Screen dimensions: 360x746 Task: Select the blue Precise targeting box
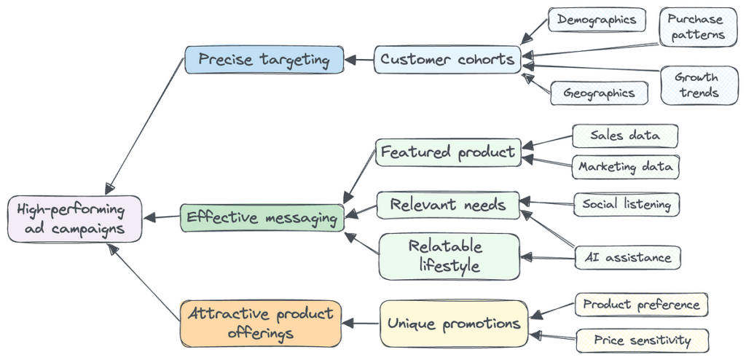[264, 60]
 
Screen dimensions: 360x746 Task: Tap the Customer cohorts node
[447, 60]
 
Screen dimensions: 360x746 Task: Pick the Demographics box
[597, 20]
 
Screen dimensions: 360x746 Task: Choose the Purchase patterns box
[696, 27]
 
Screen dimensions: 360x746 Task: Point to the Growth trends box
[696, 85]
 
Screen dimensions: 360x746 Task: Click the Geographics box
[599, 93]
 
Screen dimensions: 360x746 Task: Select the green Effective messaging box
[262, 217]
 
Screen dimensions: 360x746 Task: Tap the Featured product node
[448, 153]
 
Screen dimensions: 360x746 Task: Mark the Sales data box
[625, 136]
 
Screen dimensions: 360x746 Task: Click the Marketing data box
[625, 167]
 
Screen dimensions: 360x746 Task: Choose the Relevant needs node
[448, 205]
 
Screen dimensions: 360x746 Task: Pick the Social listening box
[627, 205]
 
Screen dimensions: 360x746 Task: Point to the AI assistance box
[627, 257]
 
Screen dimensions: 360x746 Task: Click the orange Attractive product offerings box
[260, 324]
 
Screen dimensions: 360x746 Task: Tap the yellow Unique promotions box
[453, 324]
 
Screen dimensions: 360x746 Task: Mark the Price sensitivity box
[643, 340]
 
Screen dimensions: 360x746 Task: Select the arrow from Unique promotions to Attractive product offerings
[360, 323]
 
